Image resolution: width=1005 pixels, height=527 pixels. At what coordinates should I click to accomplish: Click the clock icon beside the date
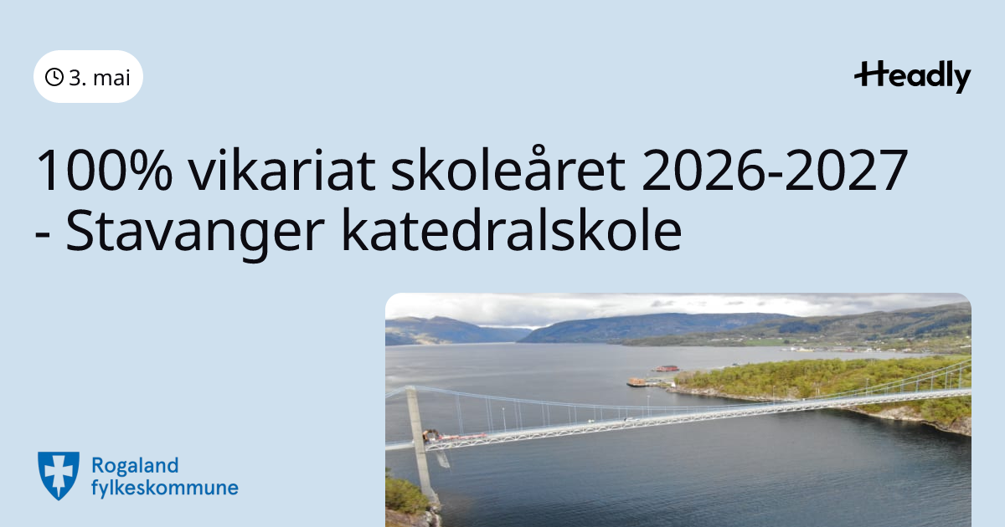[x=54, y=77]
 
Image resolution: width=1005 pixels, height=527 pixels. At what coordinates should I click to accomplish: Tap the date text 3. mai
[x=100, y=78]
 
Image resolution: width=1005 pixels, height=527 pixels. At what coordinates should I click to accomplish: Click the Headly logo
[x=912, y=77]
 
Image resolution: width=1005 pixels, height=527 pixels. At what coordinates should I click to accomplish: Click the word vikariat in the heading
[x=281, y=170]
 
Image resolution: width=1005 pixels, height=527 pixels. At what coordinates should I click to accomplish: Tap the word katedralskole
[x=512, y=229]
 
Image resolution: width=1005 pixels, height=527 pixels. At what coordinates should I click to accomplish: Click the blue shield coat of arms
[x=59, y=475]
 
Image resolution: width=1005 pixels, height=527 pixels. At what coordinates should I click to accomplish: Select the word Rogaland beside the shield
[x=135, y=466]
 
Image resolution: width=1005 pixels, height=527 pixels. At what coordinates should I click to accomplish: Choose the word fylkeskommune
[x=165, y=488]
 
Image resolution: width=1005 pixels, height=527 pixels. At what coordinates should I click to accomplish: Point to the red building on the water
[x=667, y=369]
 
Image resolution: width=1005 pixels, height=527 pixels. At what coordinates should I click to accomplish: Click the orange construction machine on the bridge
[x=430, y=435]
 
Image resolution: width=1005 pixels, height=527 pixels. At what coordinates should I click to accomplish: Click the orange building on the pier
[x=636, y=382]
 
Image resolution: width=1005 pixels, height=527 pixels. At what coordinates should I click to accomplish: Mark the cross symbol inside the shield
[x=59, y=473]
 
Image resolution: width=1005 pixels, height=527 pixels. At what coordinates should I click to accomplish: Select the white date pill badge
[x=89, y=77]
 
